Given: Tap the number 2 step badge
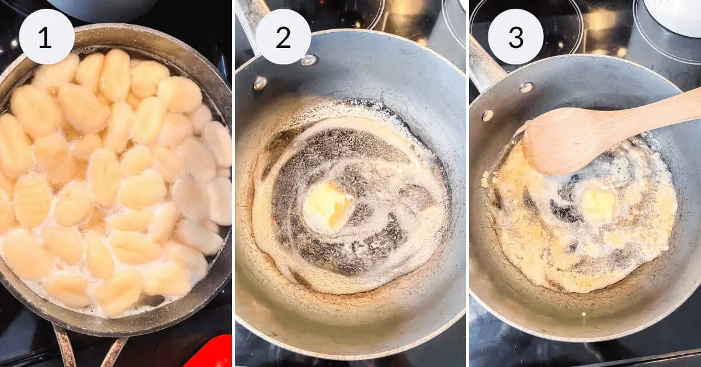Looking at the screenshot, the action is click(x=283, y=36).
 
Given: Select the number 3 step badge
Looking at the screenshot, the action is click(x=516, y=36).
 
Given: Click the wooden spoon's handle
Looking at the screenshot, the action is click(x=645, y=113).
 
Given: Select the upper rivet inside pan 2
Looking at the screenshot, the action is click(x=308, y=60).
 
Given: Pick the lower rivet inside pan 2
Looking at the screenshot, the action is click(x=260, y=84).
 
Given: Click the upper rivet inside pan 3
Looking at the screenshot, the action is click(x=526, y=87).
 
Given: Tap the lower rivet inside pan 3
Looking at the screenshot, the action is click(x=488, y=115).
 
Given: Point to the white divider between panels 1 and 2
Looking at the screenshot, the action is click(x=234, y=183).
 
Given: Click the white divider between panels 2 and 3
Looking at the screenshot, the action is click(x=467, y=183).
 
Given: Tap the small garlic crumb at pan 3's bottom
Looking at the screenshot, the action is click(x=583, y=314).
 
